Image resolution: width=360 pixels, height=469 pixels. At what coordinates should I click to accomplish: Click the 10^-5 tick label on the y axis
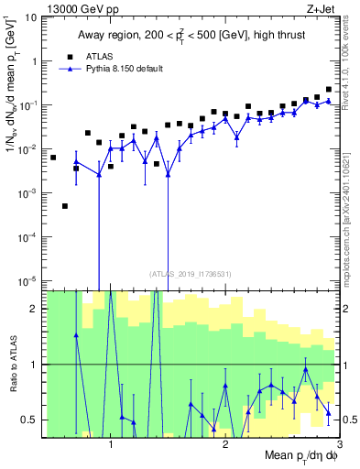click(x=28, y=280)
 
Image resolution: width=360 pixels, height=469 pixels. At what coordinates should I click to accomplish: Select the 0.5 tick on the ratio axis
click(x=31, y=420)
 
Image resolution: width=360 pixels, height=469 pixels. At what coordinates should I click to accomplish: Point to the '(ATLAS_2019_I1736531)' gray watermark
click(x=190, y=273)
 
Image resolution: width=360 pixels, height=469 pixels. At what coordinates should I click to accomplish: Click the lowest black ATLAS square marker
click(x=65, y=206)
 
